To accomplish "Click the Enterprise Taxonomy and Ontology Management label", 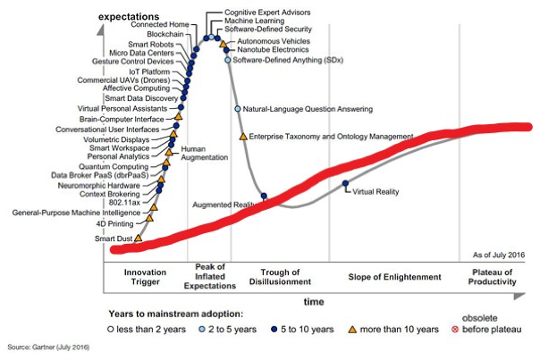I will pos(332,137).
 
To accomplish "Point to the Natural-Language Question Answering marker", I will pos(238,109).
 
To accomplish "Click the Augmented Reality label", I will pos(226,205).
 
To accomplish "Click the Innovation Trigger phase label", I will pos(145,277).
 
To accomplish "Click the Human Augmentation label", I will pos(199,154).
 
